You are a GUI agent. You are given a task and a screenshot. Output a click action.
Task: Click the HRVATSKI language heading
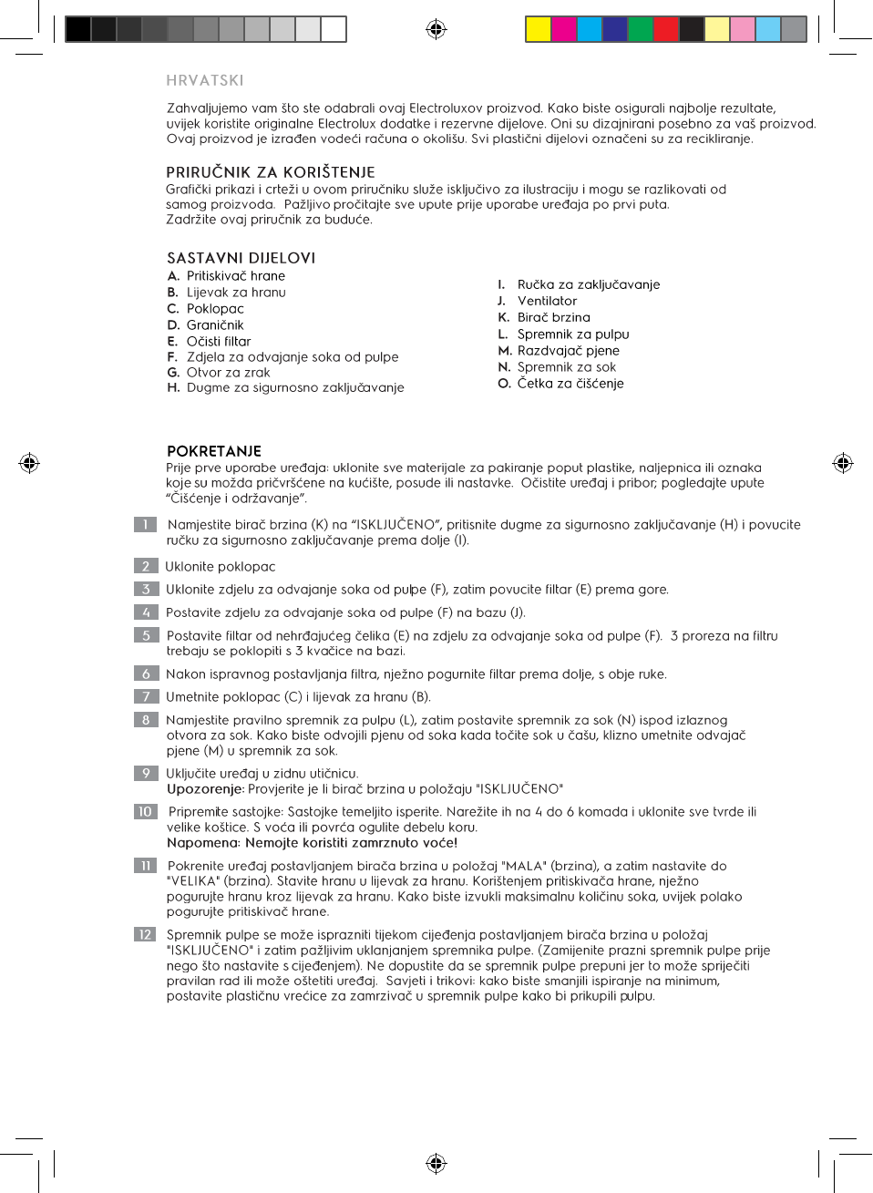click(x=205, y=80)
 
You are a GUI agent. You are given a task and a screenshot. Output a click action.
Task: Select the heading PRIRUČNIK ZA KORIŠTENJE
click(x=271, y=172)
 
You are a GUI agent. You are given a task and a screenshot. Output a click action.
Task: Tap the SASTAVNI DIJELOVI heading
click(x=241, y=258)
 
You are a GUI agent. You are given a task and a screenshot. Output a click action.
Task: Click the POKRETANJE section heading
click(x=214, y=451)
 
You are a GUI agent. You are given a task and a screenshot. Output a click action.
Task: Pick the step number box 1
click(x=145, y=524)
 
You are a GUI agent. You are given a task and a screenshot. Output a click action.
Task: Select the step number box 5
click(x=145, y=635)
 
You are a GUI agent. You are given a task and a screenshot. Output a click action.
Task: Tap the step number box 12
click(x=145, y=934)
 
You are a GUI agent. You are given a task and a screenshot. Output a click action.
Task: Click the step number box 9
click(x=145, y=773)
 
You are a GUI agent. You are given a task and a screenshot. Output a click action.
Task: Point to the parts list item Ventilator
click(x=547, y=301)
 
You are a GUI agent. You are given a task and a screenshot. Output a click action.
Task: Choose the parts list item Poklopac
click(x=215, y=309)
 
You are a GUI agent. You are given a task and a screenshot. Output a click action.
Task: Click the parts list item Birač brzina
click(x=553, y=317)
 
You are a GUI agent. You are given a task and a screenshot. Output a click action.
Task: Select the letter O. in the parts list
click(x=504, y=384)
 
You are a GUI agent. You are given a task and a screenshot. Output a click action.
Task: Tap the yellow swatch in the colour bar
click(x=539, y=29)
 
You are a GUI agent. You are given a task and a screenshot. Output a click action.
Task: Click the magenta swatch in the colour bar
click(x=564, y=29)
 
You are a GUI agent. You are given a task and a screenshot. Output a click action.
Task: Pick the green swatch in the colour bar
click(x=641, y=29)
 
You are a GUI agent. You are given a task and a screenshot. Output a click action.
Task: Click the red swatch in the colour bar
click(x=666, y=29)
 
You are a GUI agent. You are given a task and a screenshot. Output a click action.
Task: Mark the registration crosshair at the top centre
click(x=436, y=29)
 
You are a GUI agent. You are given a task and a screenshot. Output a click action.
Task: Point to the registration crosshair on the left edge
click(x=29, y=463)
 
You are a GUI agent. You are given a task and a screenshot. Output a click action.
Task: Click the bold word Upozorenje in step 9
click(x=205, y=789)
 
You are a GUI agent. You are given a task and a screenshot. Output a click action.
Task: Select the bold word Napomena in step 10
click(x=202, y=843)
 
